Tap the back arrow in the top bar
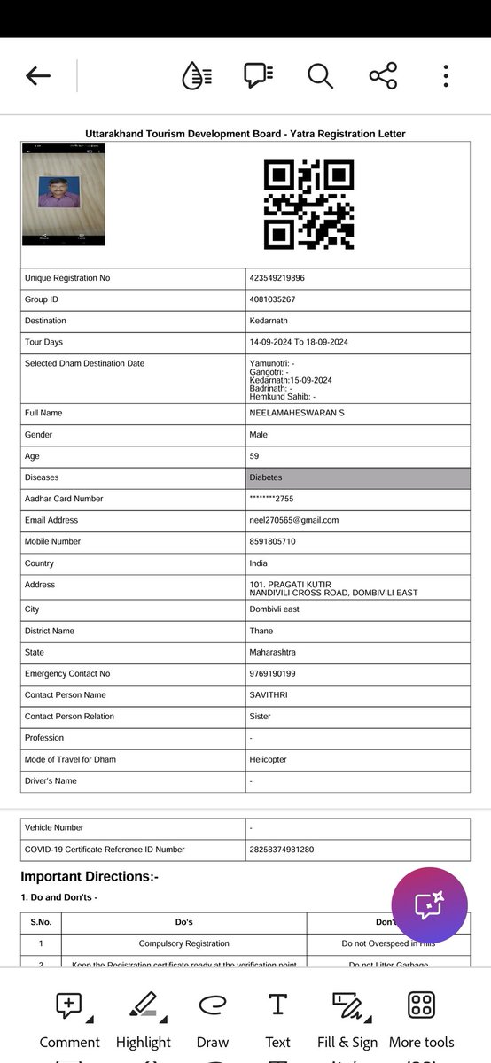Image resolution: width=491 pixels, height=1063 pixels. click(38, 76)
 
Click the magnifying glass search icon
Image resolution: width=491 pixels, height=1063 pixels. click(320, 76)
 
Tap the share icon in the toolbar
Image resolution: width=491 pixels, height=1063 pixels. click(383, 76)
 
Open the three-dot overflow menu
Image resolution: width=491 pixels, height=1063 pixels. click(446, 76)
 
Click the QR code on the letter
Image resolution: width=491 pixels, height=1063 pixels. click(308, 205)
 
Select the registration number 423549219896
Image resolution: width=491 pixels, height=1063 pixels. click(277, 278)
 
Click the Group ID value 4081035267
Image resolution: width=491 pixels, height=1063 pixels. click(273, 299)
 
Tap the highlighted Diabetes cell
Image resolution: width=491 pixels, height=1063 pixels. click(358, 477)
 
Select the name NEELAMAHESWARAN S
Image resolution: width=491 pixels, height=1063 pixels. click(297, 413)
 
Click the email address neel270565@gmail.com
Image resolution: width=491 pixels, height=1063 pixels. click(294, 520)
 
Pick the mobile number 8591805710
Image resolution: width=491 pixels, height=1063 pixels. click(273, 541)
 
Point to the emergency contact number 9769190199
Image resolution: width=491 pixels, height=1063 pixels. click(273, 674)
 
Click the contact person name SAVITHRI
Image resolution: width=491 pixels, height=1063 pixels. click(269, 695)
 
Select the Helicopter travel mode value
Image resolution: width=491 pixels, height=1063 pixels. click(269, 759)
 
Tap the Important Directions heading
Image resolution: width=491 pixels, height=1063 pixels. click(89, 876)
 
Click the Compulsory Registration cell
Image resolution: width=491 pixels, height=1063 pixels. click(183, 943)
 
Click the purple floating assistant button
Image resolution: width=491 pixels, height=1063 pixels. click(429, 905)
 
